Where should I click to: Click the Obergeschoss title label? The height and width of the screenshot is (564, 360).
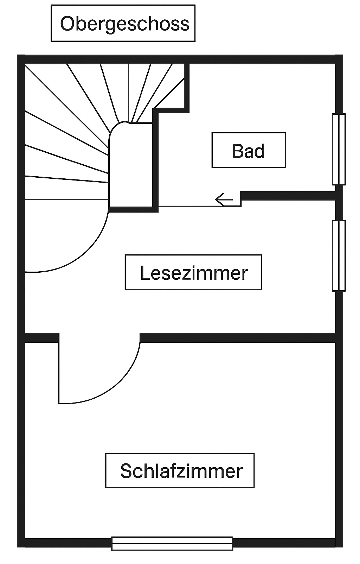pos(123,23)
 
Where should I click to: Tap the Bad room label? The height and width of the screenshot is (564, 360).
pos(249,150)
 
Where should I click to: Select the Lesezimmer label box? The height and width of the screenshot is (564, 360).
pos(193,272)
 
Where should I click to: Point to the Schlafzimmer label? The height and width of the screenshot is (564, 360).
pos(180,470)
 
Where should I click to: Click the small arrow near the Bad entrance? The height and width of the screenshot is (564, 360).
pos(224,200)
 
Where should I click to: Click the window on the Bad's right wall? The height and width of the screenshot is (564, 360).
pos(339,149)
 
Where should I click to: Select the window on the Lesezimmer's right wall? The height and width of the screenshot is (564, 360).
pos(339,255)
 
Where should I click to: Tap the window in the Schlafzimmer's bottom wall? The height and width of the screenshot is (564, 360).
pos(172,544)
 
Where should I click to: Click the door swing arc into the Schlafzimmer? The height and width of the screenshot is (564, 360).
pos(116,384)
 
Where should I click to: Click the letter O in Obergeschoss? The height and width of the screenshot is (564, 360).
pos(67,24)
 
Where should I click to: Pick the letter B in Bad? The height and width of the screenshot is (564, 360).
pos(238,151)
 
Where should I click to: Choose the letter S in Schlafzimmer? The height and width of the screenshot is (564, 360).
pos(126,471)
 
